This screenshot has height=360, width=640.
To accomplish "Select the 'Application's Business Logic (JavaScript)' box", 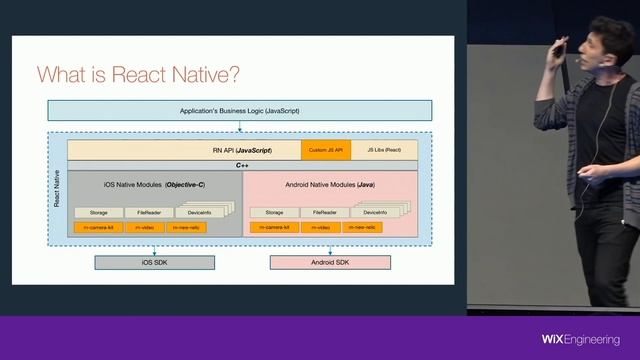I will (239, 110).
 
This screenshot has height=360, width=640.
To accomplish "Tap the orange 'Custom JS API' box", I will (326, 150).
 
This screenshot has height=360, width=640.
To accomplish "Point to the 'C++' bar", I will (241, 165).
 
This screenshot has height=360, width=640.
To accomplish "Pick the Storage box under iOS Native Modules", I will (98, 212).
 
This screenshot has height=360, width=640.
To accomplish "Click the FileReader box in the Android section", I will (325, 212).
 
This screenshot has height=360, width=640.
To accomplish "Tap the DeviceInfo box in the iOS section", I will (201, 212).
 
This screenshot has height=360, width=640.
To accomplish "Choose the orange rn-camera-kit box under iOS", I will (101, 228).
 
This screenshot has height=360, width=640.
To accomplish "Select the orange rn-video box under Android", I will (319, 228).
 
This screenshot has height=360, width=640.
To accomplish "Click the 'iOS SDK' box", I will (155, 263).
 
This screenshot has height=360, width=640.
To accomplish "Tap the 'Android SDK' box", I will (330, 263).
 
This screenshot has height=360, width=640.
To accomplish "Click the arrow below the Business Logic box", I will (240, 126).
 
